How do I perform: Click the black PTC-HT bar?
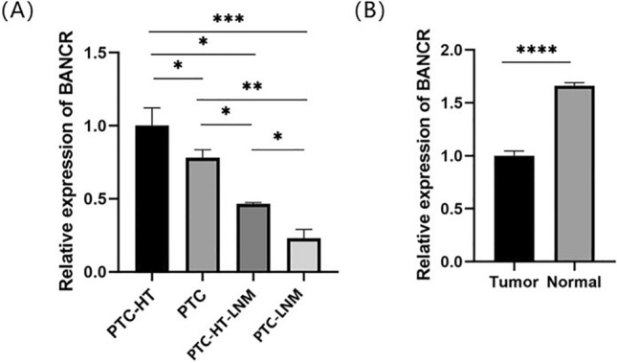152,198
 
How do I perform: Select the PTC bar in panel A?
202,215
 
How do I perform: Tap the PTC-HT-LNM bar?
253,238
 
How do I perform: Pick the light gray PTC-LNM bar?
304,255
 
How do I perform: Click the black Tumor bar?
515,209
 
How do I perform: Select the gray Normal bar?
575,173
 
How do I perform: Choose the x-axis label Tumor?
514,283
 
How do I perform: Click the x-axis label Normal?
575,283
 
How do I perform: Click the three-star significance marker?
229,19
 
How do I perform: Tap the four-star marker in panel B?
537,50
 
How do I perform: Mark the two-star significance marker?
252,86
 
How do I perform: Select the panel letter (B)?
369,12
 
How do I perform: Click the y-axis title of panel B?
424,154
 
